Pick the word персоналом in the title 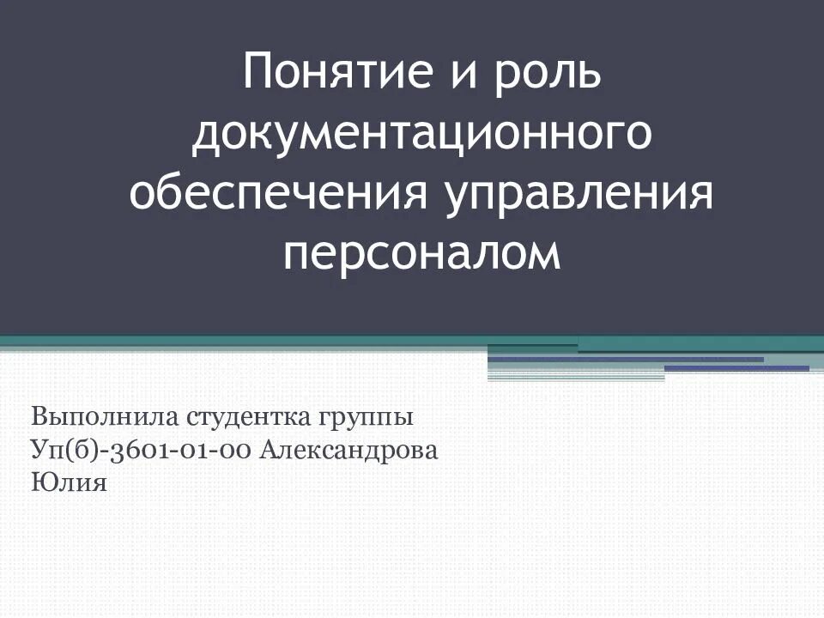[421, 255]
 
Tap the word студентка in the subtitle [244, 419]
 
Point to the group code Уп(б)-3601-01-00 [141, 451]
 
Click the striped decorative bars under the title [652, 361]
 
